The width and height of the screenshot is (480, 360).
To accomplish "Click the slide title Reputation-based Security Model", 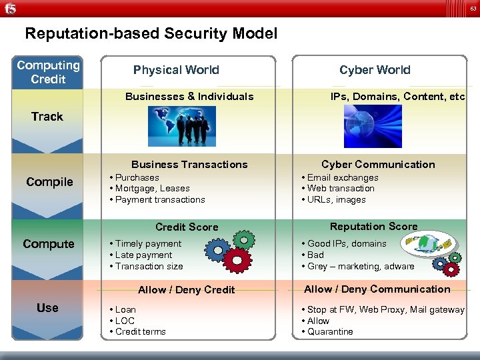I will [151, 33].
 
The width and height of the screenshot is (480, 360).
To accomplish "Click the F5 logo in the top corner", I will [9, 9].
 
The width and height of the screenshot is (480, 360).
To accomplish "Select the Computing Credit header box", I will [48, 72].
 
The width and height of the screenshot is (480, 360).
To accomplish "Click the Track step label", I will [47, 117].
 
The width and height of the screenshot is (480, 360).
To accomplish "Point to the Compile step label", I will [49, 182].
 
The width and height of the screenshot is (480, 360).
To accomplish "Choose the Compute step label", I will [49, 244].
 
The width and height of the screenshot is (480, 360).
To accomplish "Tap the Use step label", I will [48, 308].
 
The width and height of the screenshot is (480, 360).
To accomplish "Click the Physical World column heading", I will [176, 70].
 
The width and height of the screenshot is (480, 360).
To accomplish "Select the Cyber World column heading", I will [375, 70].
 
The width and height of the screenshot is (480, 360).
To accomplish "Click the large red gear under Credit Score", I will [237, 259].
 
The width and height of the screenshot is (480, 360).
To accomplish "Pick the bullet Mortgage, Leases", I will [152, 189].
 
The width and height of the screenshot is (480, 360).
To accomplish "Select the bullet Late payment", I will [144, 255].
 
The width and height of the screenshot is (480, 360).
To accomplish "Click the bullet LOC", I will [125, 321].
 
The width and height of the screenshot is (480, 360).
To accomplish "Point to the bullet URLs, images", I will [337, 200].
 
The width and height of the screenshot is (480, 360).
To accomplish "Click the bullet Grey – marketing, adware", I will [361, 267].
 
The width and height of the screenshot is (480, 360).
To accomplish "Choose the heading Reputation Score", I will [373, 227].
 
